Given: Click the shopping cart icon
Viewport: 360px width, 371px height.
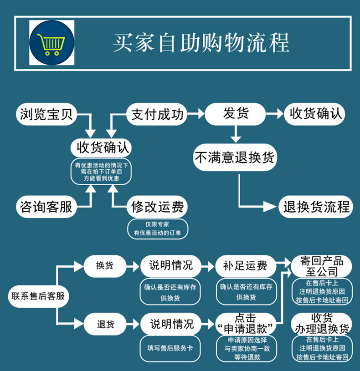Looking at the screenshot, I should (x=51, y=43).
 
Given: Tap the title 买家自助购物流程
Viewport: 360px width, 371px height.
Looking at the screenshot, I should (x=201, y=43).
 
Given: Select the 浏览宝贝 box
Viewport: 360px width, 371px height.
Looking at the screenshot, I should (x=46, y=114).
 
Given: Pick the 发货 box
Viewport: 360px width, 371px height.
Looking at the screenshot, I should (x=235, y=114).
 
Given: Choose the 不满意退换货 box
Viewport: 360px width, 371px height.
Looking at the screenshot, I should (x=235, y=158).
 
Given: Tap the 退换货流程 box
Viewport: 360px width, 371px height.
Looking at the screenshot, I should (x=316, y=207).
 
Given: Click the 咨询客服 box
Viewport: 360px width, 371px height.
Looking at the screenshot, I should (x=46, y=207).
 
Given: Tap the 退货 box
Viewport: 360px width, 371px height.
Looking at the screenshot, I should (x=105, y=325).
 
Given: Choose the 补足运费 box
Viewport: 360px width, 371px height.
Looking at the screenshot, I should (x=246, y=265).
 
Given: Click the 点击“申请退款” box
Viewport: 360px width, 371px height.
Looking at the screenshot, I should (x=246, y=324).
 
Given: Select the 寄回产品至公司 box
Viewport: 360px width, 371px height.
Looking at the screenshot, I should (x=322, y=266).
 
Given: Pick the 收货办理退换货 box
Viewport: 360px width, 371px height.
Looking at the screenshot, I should (x=322, y=323).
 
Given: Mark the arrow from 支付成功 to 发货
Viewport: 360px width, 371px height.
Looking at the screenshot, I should (x=196, y=114).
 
